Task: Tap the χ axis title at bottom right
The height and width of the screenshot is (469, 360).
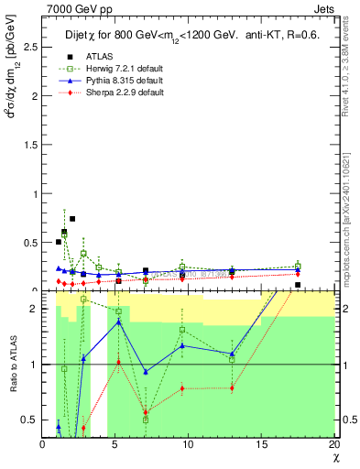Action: coord(336,455)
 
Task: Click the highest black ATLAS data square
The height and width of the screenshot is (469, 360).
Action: coord(72,219)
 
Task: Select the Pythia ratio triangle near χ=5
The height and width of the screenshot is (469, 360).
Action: coord(119,322)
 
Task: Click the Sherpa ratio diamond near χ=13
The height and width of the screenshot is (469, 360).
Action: coord(232,387)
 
